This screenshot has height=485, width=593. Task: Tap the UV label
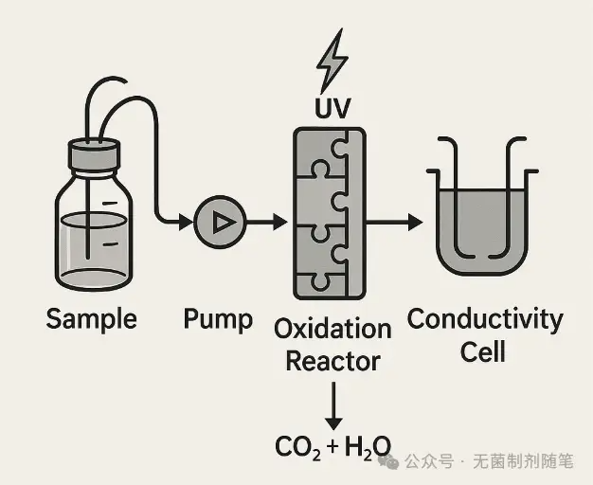click(x=332, y=108)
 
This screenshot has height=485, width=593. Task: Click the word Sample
click(x=91, y=318)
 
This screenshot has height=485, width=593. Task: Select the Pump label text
click(x=218, y=318)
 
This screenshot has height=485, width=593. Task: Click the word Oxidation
click(x=332, y=329)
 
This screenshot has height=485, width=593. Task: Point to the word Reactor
click(x=332, y=361)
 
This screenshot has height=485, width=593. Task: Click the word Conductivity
click(x=484, y=318)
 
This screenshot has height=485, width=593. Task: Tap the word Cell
click(x=483, y=351)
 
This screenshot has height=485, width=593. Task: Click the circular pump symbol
click(x=220, y=223)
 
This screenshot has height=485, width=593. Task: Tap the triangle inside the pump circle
click(x=222, y=223)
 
